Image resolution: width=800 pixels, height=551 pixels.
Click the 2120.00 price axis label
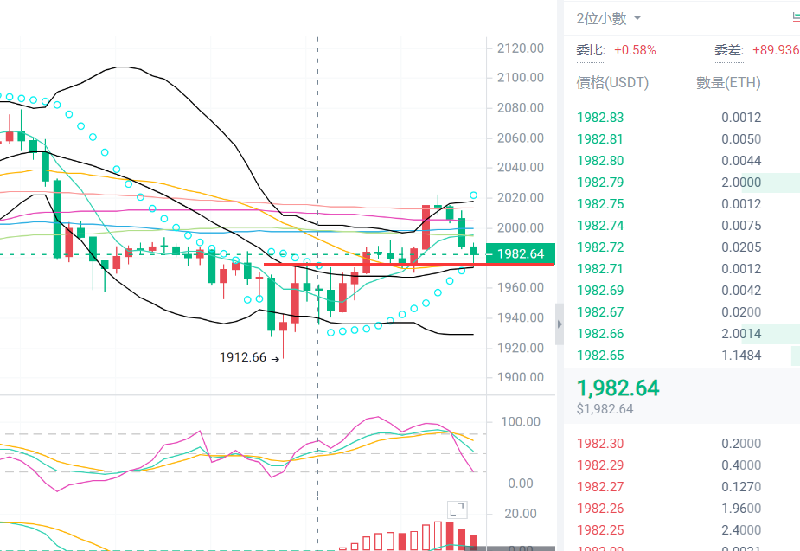520,48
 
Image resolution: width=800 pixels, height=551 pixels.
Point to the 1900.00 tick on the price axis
520,378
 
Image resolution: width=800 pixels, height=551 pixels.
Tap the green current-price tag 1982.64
520,253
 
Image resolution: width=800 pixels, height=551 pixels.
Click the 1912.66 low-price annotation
243,356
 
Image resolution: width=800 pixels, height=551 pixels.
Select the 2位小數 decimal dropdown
609,18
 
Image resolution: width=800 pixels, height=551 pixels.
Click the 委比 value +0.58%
635,50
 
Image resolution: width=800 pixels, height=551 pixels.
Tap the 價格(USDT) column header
612,83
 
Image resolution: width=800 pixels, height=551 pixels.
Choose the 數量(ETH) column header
728,83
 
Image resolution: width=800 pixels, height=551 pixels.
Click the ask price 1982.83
604,118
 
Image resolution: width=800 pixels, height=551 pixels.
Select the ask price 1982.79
604,183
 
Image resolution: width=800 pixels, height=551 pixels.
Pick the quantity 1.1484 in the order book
741,356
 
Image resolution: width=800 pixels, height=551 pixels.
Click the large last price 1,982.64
618,388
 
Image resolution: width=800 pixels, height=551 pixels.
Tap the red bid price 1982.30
604,444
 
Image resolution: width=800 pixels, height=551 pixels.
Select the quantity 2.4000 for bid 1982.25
741,530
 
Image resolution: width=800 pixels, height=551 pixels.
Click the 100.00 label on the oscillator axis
520,422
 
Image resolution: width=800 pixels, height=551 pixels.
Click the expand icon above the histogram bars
456,510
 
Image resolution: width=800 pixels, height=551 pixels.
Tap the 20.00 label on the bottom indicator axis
520,514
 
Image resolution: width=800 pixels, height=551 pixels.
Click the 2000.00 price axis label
520,227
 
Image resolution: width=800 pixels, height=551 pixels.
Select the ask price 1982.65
604,356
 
